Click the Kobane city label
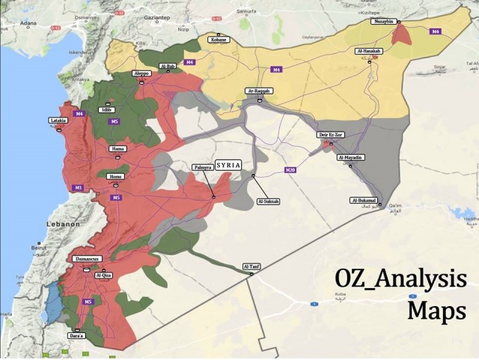tap(218, 40)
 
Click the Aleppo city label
tap(141, 73)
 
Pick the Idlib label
tap(107, 110)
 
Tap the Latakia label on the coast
tap(58, 120)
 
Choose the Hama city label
tap(118, 149)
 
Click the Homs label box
tap(115, 177)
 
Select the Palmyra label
tap(202, 167)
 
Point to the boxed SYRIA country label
tap(228, 165)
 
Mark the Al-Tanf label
tap(251, 266)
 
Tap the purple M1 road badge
tap(77, 187)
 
